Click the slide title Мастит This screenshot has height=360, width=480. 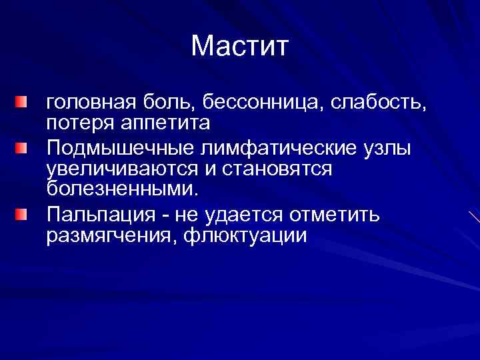240,46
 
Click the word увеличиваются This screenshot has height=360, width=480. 120,169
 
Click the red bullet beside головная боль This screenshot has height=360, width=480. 23,103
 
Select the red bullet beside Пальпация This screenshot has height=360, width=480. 23,214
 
